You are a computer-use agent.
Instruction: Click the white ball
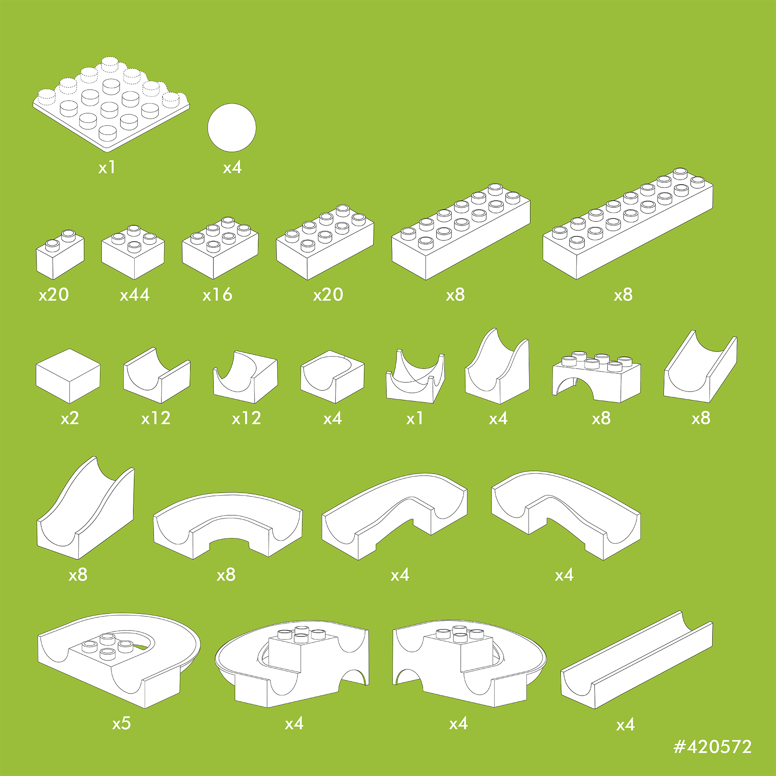click(x=232, y=128)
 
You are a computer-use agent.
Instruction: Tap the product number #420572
click(x=713, y=746)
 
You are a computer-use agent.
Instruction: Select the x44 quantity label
click(x=135, y=295)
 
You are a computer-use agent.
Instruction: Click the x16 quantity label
click(x=217, y=295)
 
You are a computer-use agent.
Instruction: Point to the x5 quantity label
click(x=122, y=723)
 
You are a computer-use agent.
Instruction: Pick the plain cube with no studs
click(x=68, y=376)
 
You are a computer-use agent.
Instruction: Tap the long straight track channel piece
click(x=637, y=660)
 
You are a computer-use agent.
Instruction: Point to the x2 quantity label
click(x=70, y=418)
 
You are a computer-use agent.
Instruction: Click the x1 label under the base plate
click(x=107, y=167)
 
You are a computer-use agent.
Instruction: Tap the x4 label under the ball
click(x=232, y=167)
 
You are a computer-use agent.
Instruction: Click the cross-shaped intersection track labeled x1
click(x=415, y=376)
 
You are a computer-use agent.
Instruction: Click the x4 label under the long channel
click(x=625, y=725)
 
